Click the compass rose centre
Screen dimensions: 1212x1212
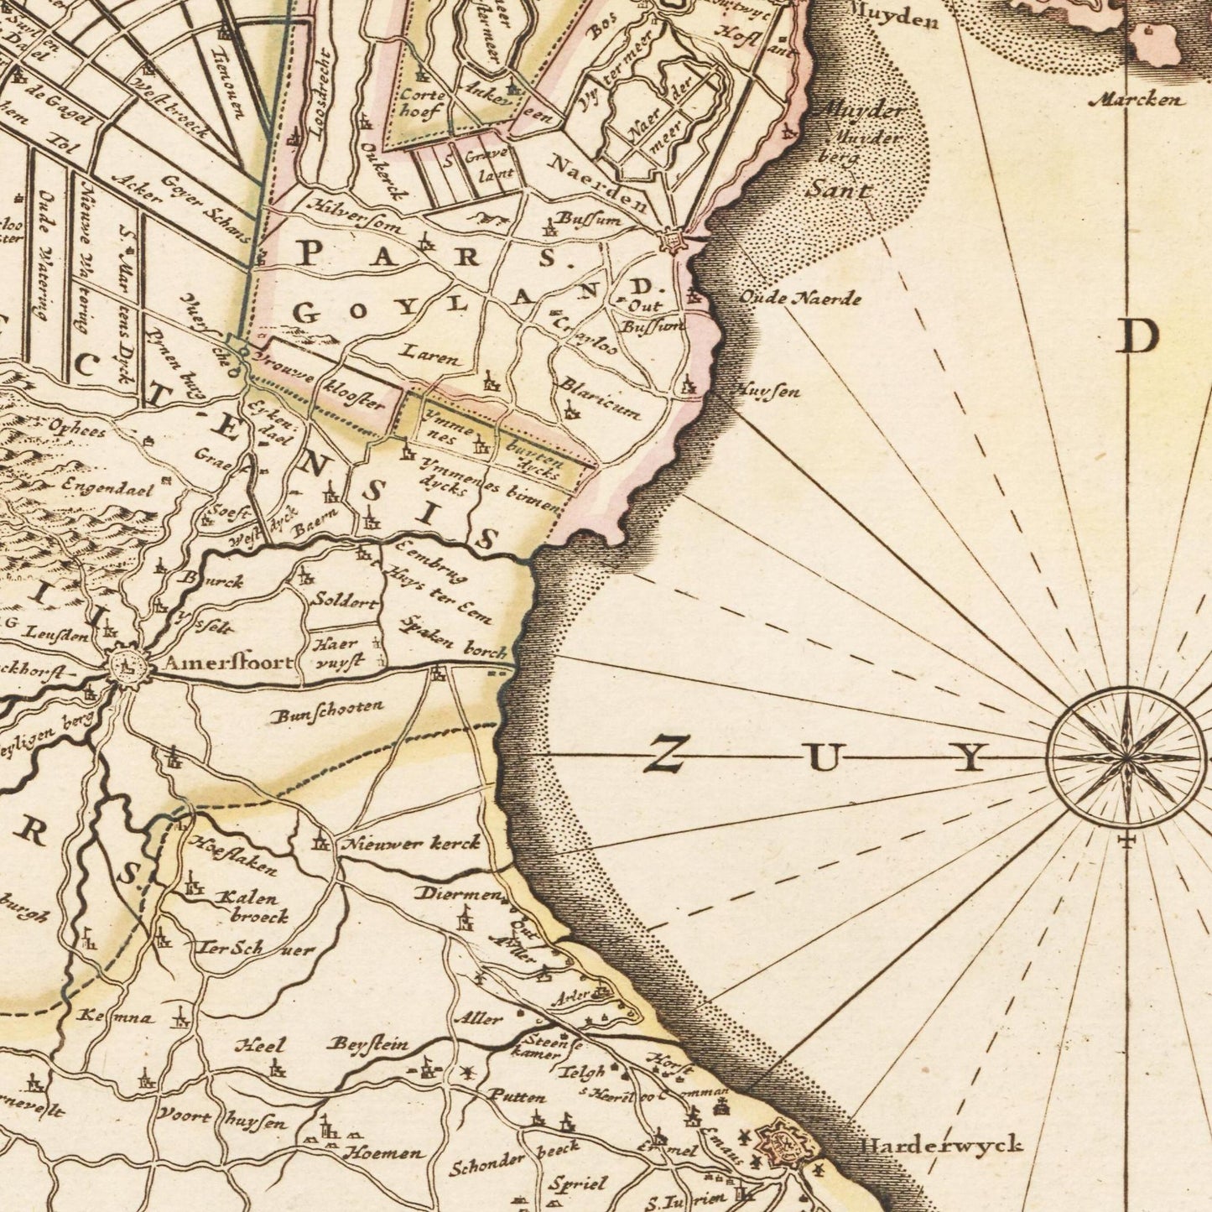(x=1126, y=758)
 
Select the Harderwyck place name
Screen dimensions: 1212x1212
(x=942, y=1145)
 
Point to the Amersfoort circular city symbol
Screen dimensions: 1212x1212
(x=129, y=668)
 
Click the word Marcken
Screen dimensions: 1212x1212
(x=1137, y=100)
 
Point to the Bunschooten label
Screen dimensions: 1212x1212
(x=328, y=711)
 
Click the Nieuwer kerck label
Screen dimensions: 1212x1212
(x=410, y=844)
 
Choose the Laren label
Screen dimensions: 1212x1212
(x=429, y=356)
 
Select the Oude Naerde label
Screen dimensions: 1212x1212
(x=799, y=297)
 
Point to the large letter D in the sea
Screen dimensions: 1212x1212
(x=1137, y=337)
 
